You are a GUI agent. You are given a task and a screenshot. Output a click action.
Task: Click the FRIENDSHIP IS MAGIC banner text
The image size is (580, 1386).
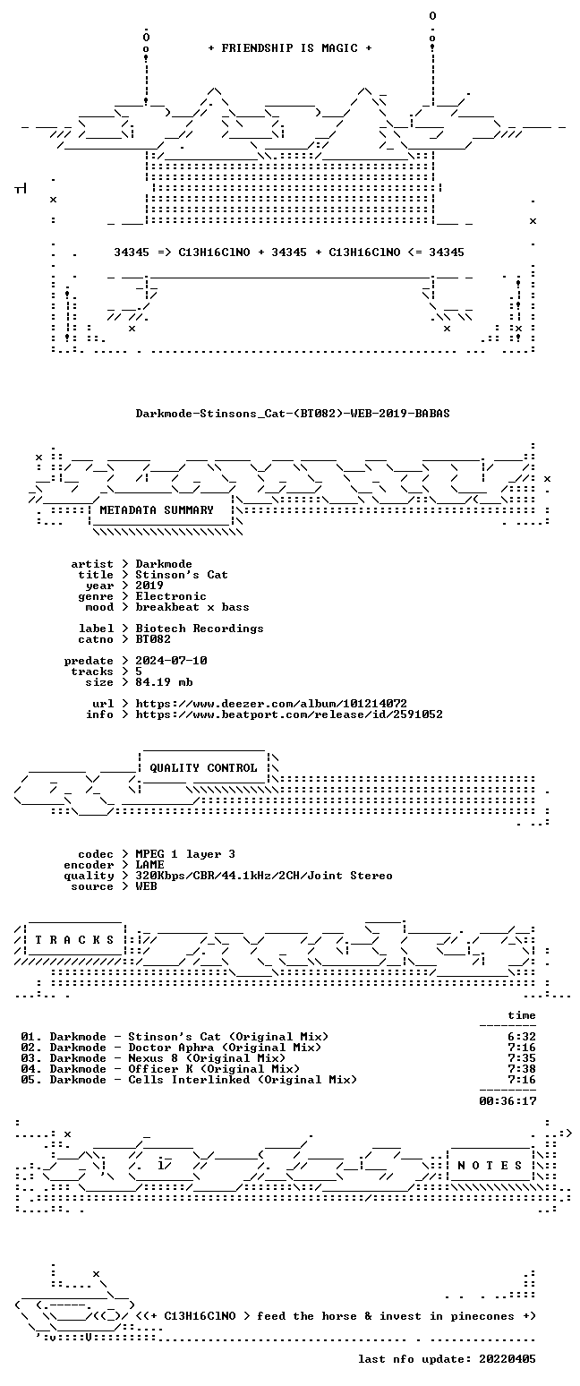(x=290, y=48)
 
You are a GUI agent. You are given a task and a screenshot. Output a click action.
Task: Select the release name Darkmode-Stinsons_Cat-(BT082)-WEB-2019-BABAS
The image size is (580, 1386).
(x=293, y=414)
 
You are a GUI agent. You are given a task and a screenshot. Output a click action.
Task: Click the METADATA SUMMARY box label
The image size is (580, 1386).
(x=157, y=510)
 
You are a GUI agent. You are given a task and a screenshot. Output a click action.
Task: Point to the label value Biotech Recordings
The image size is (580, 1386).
(x=200, y=629)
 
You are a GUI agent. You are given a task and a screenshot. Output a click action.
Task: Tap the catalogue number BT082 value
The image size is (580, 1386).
(x=153, y=639)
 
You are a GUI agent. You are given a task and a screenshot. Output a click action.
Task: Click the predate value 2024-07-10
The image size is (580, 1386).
(x=171, y=661)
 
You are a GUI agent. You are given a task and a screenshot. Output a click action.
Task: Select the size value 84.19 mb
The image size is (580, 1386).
(x=164, y=682)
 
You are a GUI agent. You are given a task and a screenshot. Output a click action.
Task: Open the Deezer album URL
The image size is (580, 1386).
(x=271, y=704)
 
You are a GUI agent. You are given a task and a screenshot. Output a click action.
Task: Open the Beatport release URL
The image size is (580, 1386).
(x=289, y=714)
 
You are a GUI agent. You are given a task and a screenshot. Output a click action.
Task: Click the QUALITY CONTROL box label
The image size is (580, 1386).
(x=203, y=768)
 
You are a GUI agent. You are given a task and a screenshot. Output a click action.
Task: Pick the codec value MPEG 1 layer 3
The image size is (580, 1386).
(x=185, y=854)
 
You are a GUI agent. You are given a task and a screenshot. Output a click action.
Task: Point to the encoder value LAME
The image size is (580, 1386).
(x=149, y=865)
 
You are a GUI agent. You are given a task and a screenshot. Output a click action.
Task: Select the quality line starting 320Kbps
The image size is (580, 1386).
(x=264, y=876)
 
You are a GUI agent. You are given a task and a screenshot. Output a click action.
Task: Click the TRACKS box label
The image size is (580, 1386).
(x=74, y=940)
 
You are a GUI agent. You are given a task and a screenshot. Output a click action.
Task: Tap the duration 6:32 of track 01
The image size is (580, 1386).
(x=522, y=1037)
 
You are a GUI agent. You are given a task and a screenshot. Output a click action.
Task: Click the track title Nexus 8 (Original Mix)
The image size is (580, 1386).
(x=207, y=1058)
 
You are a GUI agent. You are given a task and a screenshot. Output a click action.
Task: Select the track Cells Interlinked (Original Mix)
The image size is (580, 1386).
(x=243, y=1080)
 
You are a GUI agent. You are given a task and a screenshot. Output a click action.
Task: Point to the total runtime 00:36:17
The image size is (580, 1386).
(x=507, y=1100)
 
